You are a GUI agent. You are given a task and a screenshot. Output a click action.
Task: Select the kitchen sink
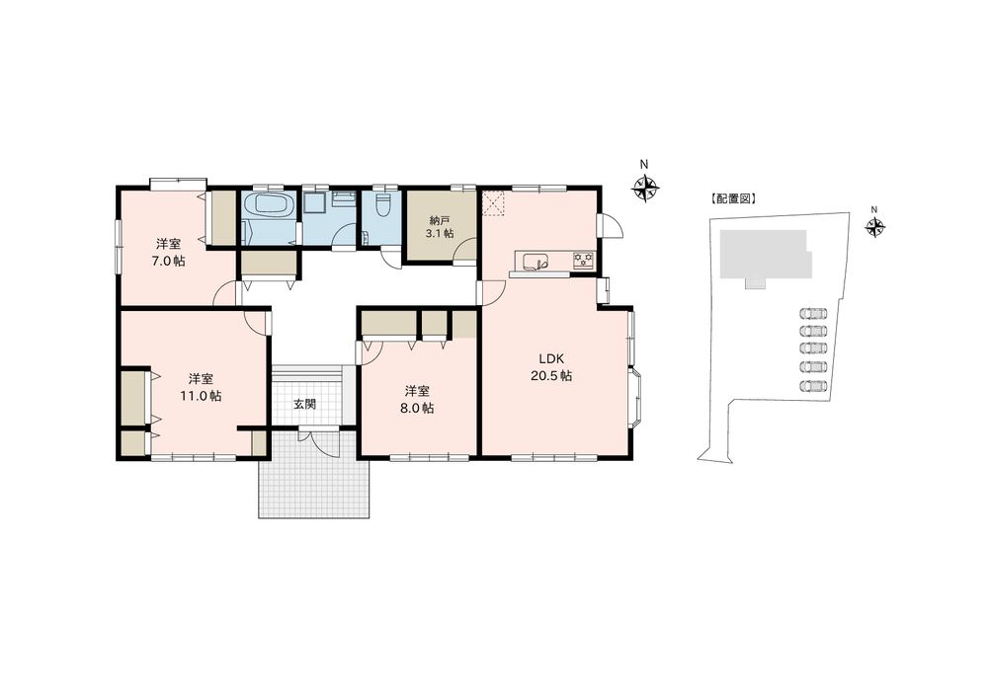coord(534,262)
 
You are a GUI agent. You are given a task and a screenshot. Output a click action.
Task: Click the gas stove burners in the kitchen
coord(584,260)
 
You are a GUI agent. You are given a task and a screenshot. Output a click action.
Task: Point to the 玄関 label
coord(305,404)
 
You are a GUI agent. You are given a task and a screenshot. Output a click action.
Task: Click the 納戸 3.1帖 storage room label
coord(441,227)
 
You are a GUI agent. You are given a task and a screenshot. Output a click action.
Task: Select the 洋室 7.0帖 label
coord(169,252)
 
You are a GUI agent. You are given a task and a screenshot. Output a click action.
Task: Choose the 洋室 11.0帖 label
coord(201,387)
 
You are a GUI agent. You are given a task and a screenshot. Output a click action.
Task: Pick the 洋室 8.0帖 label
coord(417,399)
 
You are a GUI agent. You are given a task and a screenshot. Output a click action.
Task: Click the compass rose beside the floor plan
coord(645,187)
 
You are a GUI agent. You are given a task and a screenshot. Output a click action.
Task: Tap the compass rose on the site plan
coord(874,225)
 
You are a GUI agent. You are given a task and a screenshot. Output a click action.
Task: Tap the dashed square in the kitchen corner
coord(494,202)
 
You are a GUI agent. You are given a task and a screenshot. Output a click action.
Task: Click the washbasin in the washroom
coord(344,197)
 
